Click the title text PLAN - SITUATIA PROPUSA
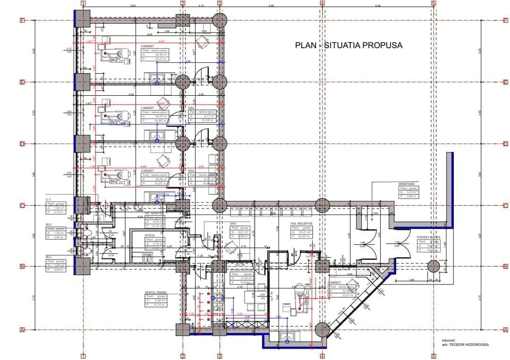click(x=348, y=45)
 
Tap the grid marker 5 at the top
click(x=433, y=3)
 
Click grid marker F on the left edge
click(x=21, y=20)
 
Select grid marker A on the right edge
click(x=505, y=329)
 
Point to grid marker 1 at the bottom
click(x=83, y=356)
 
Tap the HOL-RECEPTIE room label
click(x=302, y=224)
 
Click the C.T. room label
click(x=48, y=200)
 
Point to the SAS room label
click(x=233, y=224)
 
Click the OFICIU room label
click(x=150, y=235)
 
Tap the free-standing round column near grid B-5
click(x=433, y=266)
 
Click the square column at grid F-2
click(x=183, y=20)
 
